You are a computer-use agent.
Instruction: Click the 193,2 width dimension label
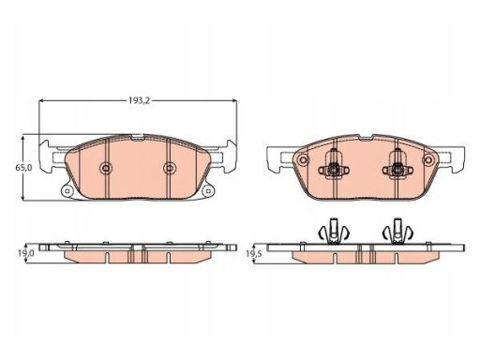pos(140,100)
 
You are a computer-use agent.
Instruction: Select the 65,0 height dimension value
pos(23,168)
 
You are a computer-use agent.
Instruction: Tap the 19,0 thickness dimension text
pos(25,253)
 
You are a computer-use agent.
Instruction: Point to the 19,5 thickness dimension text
pos(253,254)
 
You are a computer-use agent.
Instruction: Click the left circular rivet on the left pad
pos(106,168)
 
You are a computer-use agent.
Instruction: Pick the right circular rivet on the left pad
pos(169,168)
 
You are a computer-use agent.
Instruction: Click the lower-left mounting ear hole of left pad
pos(67,190)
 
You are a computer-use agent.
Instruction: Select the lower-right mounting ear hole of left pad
pos(208,190)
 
